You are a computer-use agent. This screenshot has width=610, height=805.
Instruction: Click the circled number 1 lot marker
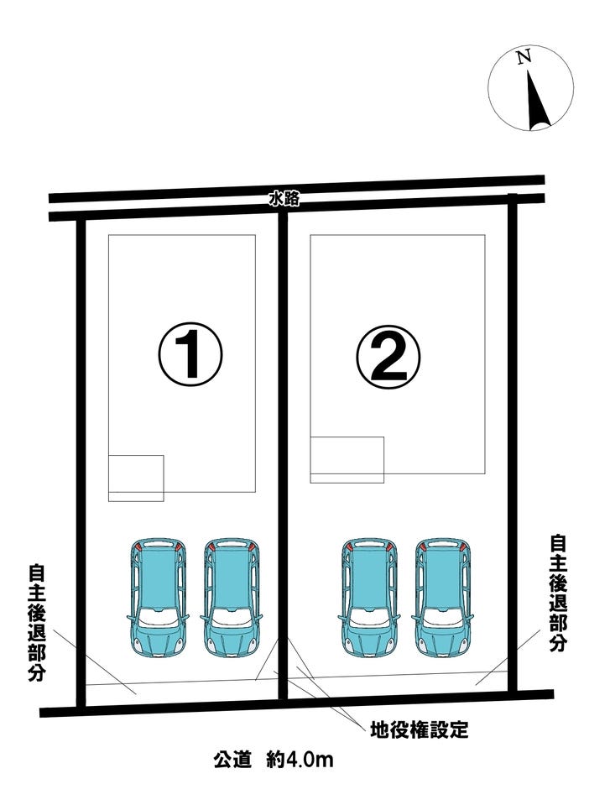190,353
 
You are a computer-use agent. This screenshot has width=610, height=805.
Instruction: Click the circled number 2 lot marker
388,355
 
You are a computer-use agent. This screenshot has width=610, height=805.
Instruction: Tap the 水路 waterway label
284,200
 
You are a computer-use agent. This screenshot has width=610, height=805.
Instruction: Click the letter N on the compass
524,57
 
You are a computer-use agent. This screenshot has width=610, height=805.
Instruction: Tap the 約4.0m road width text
300,759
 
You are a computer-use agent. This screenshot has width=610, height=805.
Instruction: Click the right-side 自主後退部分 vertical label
558,593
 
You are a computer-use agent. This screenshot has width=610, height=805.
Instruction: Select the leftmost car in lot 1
157,598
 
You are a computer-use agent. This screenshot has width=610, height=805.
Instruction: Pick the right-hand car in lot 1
232,598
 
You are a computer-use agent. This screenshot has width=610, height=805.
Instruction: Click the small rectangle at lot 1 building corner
136,478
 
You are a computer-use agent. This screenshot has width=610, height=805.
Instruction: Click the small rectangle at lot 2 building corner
347,459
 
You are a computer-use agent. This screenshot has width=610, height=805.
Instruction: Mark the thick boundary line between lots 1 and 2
283,456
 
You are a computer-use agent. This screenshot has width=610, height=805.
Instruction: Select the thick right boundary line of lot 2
512,442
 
